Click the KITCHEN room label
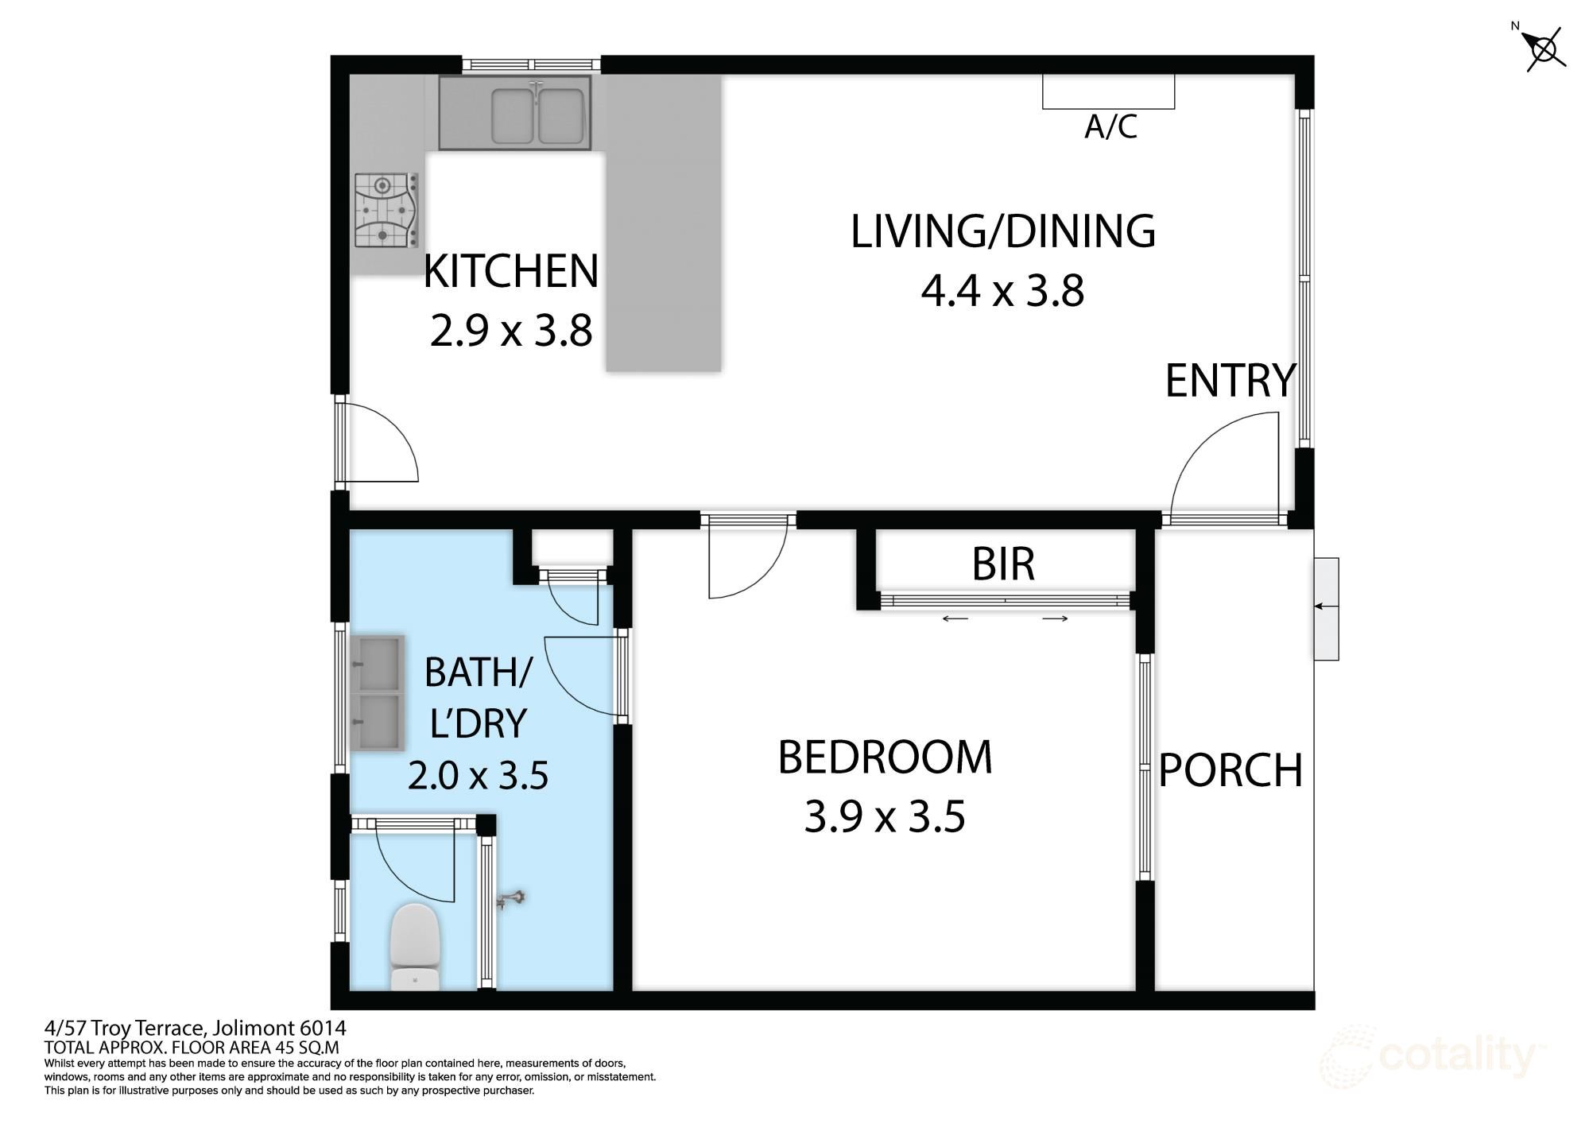511,271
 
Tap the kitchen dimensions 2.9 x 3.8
511,331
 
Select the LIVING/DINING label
1003,232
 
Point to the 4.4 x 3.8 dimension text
1003,291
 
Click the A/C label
1110,126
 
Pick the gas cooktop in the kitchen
386,211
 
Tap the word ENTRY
1231,381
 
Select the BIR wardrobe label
1003,564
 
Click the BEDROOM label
885,758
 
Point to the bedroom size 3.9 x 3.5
885,817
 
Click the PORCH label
1231,770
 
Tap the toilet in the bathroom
415,947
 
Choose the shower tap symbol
510,899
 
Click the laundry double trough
378,692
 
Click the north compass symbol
1544,48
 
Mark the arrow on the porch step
1326,607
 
